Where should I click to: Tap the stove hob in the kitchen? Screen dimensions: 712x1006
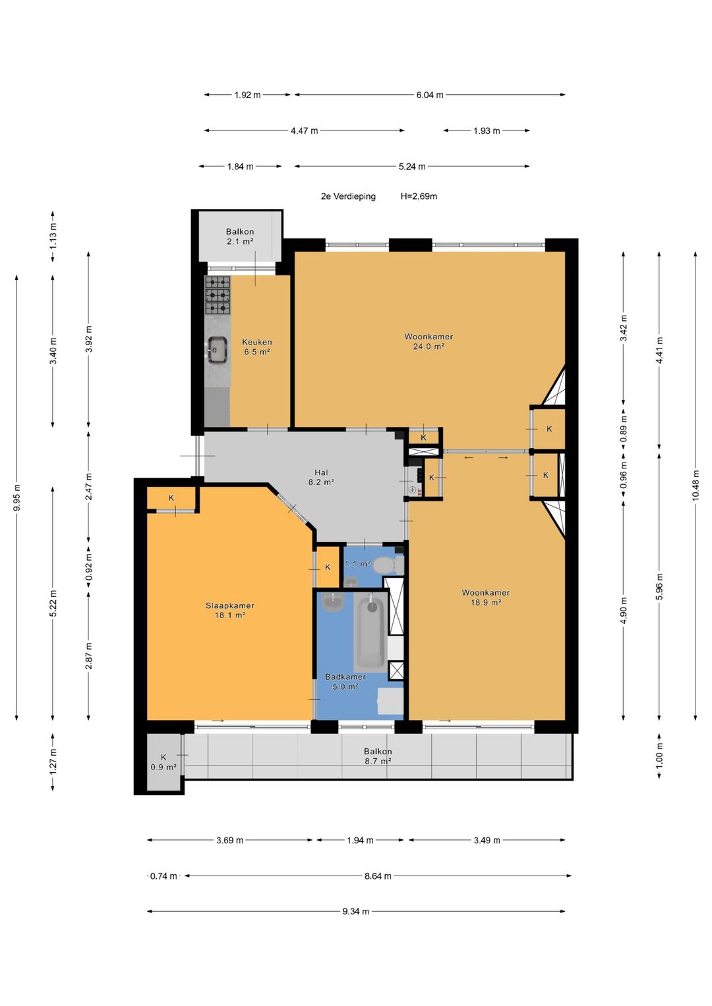pos(218,295)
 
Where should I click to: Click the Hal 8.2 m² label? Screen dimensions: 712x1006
pos(321,477)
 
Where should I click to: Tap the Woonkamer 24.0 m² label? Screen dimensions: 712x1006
pos(429,341)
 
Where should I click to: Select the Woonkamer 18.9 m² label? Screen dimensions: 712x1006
pos(485,598)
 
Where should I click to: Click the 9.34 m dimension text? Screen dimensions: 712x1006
pos(355,911)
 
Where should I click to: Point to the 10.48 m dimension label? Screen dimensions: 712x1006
pos(696,485)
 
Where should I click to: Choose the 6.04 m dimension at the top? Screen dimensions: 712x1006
pos(430,95)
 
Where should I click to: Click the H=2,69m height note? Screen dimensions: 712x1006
pos(419,196)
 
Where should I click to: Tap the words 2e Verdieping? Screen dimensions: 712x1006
pos(348,196)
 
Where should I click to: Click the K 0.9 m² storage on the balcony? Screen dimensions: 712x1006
pos(163,762)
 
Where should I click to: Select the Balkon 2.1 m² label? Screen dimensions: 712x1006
pos(239,237)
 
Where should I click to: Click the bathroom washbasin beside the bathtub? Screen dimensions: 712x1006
pos(333,601)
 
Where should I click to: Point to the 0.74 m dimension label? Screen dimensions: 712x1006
pos(163,876)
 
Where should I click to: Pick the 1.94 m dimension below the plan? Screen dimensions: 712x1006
pos(360,840)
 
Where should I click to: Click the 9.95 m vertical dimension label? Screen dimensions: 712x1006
pos(16,497)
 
